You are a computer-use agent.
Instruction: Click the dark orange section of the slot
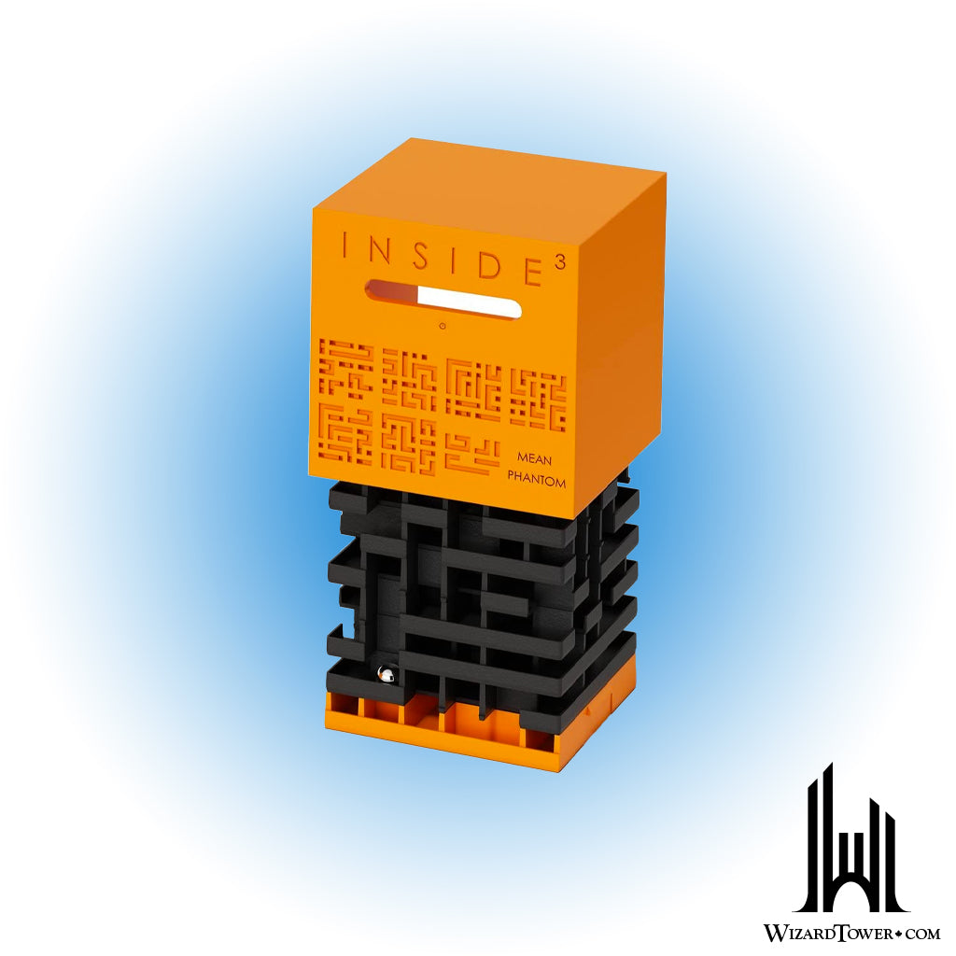(x=393, y=291)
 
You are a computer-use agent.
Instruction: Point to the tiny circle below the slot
(x=443, y=326)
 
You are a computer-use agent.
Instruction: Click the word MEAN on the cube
(x=534, y=458)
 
